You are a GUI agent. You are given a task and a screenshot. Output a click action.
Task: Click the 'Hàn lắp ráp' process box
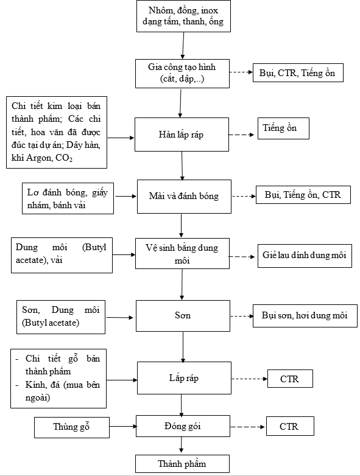coord(182,135)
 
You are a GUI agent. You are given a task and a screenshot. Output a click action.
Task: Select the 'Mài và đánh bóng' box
coord(184,197)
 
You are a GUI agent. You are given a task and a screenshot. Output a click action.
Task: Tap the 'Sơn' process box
coord(183,316)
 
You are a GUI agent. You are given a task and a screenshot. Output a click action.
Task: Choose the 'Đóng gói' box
coord(183,426)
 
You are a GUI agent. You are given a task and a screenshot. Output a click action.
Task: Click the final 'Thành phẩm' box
coord(182,464)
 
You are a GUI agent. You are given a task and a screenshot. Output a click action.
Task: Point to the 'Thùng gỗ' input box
coord(72,427)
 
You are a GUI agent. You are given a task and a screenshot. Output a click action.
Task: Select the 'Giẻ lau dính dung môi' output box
coord(305,256)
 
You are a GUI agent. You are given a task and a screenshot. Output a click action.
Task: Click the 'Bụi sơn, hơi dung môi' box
coord(305,316)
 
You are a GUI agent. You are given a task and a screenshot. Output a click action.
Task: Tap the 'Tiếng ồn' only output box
coord(283,128)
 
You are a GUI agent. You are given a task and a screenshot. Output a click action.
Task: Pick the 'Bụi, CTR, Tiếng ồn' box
coord(298,73)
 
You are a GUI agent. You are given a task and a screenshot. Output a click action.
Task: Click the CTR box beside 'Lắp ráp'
coord(290,379)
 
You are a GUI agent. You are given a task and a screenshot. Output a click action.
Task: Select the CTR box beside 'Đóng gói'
coord(290,426)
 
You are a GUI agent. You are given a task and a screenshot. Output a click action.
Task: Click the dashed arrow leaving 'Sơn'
coord(242,317)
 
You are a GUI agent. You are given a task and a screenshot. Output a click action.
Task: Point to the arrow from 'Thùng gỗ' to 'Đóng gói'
coord(123,427)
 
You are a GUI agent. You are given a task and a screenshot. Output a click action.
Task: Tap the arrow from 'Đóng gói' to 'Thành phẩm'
coord(182,445)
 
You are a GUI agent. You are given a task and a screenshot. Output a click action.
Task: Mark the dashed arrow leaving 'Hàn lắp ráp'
coord(241,135)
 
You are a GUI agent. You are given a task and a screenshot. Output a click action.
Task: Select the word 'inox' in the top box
coord(210,10)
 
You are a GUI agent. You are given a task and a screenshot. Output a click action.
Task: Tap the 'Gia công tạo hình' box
coord(182,74)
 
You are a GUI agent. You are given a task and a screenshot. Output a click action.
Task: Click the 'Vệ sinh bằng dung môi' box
coord(182,253)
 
